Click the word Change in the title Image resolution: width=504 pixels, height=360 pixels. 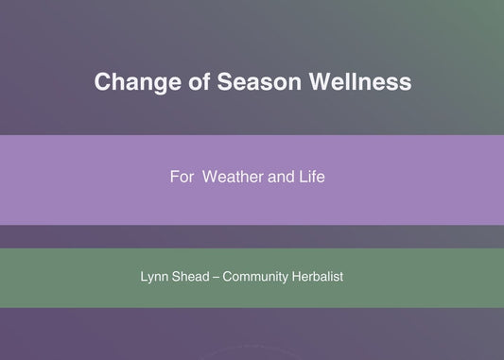pyautogui.click(x=130, y=82)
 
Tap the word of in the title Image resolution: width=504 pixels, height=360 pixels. pyautogui.click(x=191, y=82)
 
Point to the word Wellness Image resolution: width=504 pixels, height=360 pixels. pyautogui.click(x=363, y=82)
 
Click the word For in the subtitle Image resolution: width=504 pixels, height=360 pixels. pyautogui.click(x=181, y=177)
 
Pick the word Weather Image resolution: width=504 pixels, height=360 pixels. pyautogui.click(x=235, y=177)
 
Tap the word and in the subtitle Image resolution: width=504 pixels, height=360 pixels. pyautogui.click(x=286, y=177)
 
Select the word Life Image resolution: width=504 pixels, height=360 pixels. pyautogui.click(x=314, y=177)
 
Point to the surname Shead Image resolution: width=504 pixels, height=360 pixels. pyautogui.click(x=194, y=278)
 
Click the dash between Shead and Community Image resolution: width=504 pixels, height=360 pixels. pyautogui.click(x=222, y=278)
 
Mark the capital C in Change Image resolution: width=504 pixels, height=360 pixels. pyautogui.click(x=102, y=82)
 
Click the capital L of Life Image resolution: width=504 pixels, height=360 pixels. pyautogui.click(x=305, y=177)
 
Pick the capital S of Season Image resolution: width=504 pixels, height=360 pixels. pyautogui.click(x=225, y=82)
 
